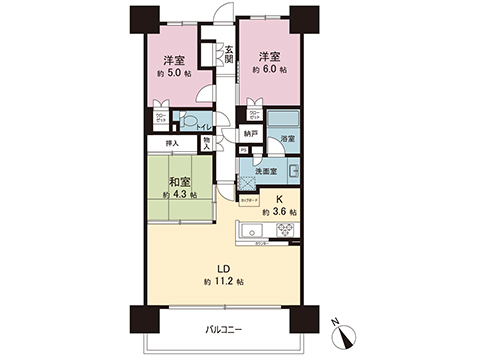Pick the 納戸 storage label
pos(251,133)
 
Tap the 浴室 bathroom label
pos(287,139)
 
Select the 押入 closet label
pos(171,143)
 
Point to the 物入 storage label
pos(207,143)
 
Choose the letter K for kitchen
pos(278,199)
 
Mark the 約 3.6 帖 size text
pos(279,212)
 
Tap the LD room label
pos(224,268)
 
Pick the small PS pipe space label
pos(242,151)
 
